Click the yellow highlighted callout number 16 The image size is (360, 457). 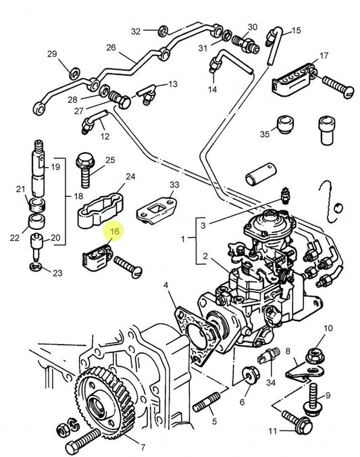coord(114,232)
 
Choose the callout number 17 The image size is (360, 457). coord(324,55)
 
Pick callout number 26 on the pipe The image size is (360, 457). coord(111,48)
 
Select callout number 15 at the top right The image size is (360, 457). coord(296,31)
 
